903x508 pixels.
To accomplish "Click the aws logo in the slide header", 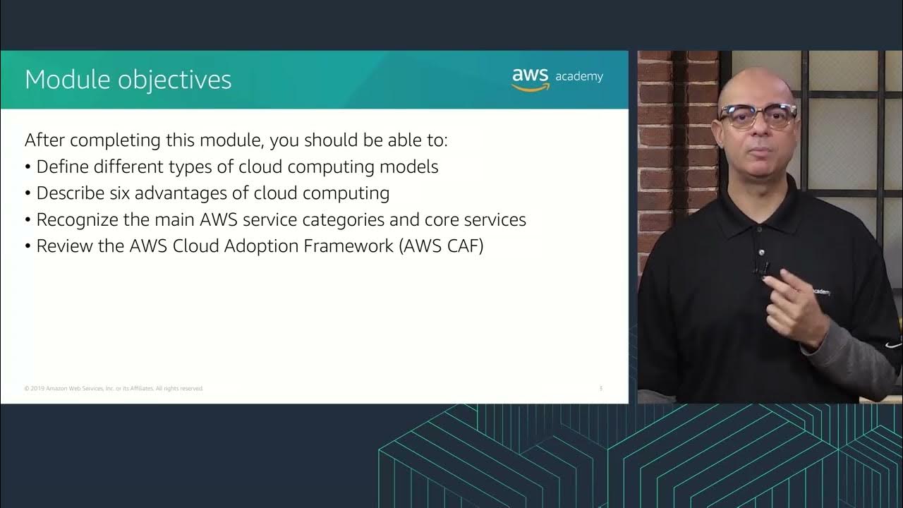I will pyautogui.click(x=531, y=78).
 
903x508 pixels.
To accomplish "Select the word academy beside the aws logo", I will pyautogui.click(x=579, y=76).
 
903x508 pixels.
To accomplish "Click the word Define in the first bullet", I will pyautogui.click(x=63, y=167).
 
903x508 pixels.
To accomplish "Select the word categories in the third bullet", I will pyautogui.click(x=344, y=219).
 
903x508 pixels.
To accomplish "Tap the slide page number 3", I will pyautogui.click(x=600, y=389).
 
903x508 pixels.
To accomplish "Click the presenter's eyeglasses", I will pyautogui.click(x=757, y=115).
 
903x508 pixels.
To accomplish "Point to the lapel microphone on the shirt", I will pyautogui.click(x=763, y=268).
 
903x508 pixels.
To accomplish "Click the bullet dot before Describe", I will pyautogui.click(x=28, y=193).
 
